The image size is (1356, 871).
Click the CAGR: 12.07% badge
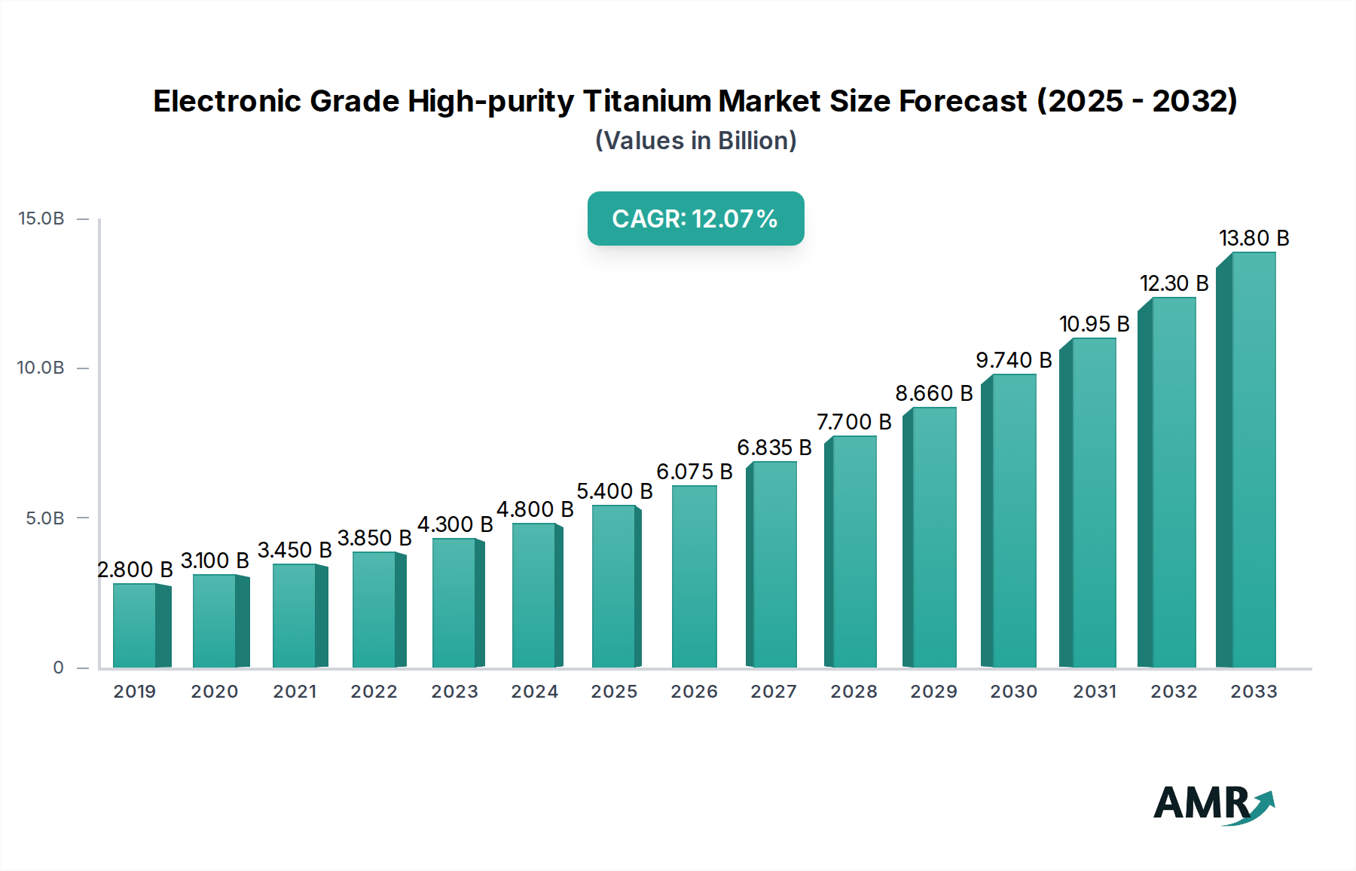[695, 219]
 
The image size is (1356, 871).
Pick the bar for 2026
[694, 576]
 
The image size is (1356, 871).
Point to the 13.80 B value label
[1254, 238]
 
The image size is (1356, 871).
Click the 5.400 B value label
[614, 491]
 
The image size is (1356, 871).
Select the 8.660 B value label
[933, 393]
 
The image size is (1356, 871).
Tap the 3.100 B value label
[215, 561]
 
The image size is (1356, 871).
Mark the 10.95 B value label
[1094, 324]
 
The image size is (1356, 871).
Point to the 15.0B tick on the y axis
[41, 219]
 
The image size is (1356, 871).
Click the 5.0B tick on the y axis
[45, 518]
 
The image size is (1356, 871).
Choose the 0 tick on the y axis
[58, 668]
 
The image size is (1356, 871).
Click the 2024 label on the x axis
[534, 692]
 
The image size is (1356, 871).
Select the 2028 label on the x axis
[854, 692]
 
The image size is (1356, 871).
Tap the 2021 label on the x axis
[295, 692]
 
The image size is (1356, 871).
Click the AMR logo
[1213, 804]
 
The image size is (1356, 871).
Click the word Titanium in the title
[648, 101]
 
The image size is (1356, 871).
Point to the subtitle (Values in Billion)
[695, 141]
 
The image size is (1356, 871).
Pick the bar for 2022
[374, 610]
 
